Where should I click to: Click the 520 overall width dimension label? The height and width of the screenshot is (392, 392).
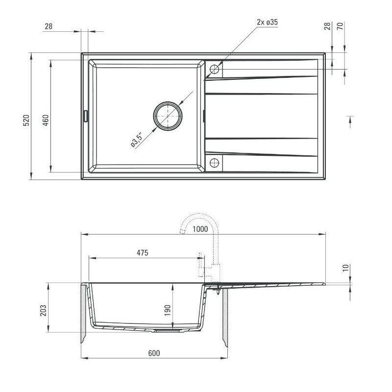coord(27,120)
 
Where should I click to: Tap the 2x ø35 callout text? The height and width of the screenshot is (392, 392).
coord(268,22)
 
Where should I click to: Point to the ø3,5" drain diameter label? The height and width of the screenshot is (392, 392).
coord(136,140)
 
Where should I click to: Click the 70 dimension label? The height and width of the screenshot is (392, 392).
coord(346,26)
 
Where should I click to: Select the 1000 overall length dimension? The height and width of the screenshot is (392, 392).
coord(200,229)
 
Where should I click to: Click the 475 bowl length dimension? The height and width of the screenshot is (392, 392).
coord(142,253)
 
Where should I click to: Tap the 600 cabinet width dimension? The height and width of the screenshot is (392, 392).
coord(153,353)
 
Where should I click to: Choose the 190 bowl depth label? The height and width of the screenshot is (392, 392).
coord(167,310)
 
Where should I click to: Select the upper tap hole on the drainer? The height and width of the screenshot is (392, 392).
coord(214,69)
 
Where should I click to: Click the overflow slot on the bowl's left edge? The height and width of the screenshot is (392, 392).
coord(86,116)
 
